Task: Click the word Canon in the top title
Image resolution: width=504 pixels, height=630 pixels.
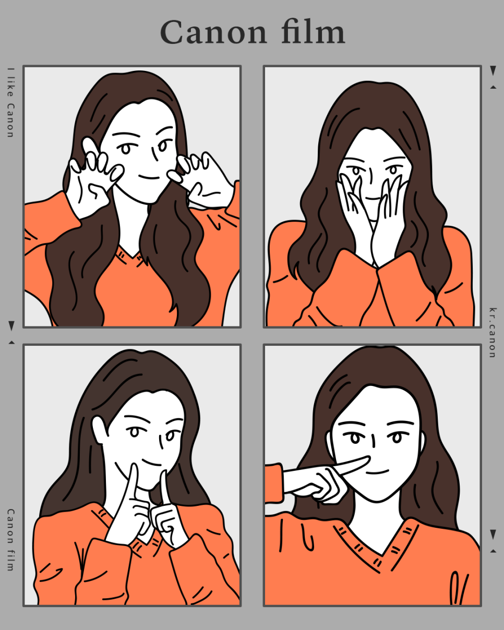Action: click(x=213, y=32)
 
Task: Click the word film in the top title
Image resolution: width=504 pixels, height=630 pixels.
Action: click(x=314, y=31)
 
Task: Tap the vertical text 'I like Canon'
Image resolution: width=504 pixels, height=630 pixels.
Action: click(x=10, y=102)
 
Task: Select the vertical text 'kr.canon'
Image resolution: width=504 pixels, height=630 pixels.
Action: click(x=493, y=333)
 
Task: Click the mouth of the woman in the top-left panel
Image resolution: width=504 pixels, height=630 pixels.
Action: click(x=149, y=177)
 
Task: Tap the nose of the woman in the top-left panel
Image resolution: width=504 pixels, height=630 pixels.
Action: click(x=154, y=154)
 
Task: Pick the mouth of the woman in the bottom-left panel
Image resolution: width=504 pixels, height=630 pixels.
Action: click(x=151, y=463)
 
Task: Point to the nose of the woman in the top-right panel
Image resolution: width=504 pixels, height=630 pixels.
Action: click(x=371, y=175)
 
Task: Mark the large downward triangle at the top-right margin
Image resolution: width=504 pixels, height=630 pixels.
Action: click(x=493, y=70)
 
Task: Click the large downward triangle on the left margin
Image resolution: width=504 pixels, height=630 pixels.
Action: click(x=11, y=326)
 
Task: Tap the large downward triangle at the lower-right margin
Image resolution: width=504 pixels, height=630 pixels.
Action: click(x=493, y=534)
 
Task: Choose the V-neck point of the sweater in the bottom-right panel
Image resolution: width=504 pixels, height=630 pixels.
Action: click(x=382, y=555)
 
